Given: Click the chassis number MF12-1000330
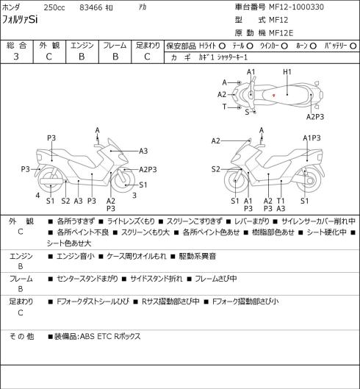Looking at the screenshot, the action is click(x=296, y=7).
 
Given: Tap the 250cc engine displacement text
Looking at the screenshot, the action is click(x=54, y=7).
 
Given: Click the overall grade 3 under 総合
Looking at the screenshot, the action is click(x=16, y=57).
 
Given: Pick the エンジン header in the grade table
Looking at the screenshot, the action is click(x=82, y=46).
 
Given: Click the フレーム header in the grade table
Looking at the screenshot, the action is click(x=115, y=46).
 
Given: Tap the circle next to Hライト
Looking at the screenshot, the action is click(x=222, y=46).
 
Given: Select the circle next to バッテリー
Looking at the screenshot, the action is click(x=353, y=46).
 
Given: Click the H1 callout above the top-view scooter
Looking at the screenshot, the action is click(x=287, y=72).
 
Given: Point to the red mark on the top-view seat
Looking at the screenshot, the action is click(x=274, y=95).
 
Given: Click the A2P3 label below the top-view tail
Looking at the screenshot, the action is click(x=315, y=117).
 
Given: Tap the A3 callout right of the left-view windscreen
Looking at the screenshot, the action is click(x=143, y=151).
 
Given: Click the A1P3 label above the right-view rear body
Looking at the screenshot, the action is click(x=312, y=138).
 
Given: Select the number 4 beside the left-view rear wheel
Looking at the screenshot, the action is click(x=37, y=196).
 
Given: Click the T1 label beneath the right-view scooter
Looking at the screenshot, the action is click(x=281, y=201).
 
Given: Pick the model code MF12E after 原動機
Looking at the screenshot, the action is click(x=281, y=33).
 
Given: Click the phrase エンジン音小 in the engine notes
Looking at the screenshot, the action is click(x=76, y=256).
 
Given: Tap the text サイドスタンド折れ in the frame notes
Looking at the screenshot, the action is click(x=156, y=279).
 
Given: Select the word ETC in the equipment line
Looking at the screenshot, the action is click(x=104, y=336).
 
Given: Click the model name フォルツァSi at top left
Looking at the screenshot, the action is click(x=20, y=20).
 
